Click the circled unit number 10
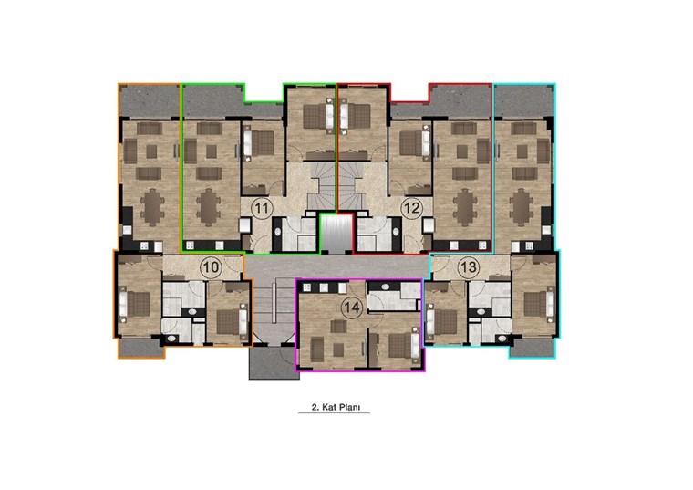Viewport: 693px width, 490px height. (211, 267)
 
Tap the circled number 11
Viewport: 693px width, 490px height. (262, 208)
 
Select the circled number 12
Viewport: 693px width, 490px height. (412, 208)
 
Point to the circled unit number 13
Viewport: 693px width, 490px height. (468, 267)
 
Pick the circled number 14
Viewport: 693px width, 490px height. (352, 307)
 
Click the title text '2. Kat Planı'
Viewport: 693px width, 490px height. (334, 407)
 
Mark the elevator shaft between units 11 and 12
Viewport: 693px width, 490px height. (336, 234)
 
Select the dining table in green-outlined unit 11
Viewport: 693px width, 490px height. (208, 206)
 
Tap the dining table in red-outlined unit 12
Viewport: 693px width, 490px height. (464, 206)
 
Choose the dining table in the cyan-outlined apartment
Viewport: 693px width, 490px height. (522, 206)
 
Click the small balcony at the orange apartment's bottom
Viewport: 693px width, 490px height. (141, 348)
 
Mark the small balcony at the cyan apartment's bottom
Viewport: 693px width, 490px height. (533, 348)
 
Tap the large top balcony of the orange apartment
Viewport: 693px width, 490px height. (150, 101)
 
